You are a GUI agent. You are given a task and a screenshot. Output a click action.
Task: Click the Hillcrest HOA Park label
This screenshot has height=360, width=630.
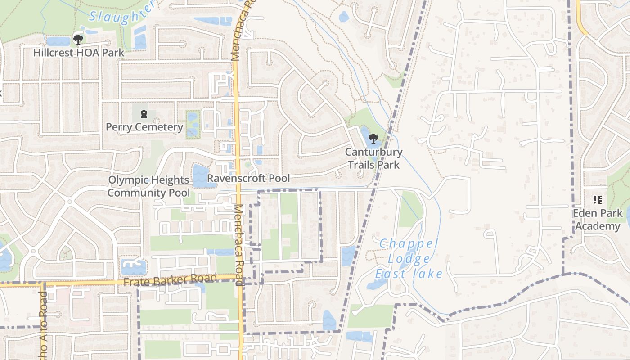pyautogui.click(x=78, y=53)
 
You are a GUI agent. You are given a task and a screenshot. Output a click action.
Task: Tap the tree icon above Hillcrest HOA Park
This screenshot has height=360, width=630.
pyautogui.click(x=78, y=39)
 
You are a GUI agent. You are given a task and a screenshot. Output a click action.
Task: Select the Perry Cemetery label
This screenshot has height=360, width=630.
pyautogui.click(x=144, y=127)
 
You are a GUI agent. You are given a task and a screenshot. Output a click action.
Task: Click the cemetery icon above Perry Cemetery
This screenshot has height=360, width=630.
pyautogui.click(x=144, y=113)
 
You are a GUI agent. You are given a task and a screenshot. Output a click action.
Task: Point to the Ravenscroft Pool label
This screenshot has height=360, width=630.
pyautogui.click(x=248, y=178)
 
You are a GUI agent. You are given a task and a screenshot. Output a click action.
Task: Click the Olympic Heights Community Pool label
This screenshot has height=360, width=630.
pyautogui.click(x=148, y=186)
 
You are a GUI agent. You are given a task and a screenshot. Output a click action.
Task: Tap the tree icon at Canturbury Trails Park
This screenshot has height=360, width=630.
pyautogui.click(x=373, y=139)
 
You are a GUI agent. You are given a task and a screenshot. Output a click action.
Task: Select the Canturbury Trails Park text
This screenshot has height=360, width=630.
pyautogui.click(x=373, y=158)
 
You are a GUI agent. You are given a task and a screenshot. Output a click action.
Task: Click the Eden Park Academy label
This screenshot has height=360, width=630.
pyautogui.click(x=598, y=219)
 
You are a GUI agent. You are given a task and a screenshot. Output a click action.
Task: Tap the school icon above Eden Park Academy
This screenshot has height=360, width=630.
pyautogui.click(x=597, y=199)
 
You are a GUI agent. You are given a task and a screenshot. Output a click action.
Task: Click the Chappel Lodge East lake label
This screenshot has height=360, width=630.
pyautogui.click(x=408, y=259)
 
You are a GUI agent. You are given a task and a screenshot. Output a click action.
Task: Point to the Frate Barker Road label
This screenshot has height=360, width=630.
pyautogui.click(x=170, y=280)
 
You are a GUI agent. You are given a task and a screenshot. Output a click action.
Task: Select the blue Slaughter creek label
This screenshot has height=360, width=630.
pyautogui.click(x=121, y=13)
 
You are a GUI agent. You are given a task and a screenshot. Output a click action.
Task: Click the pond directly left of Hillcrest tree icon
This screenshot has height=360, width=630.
pyautogui.click(x=58, y=41)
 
